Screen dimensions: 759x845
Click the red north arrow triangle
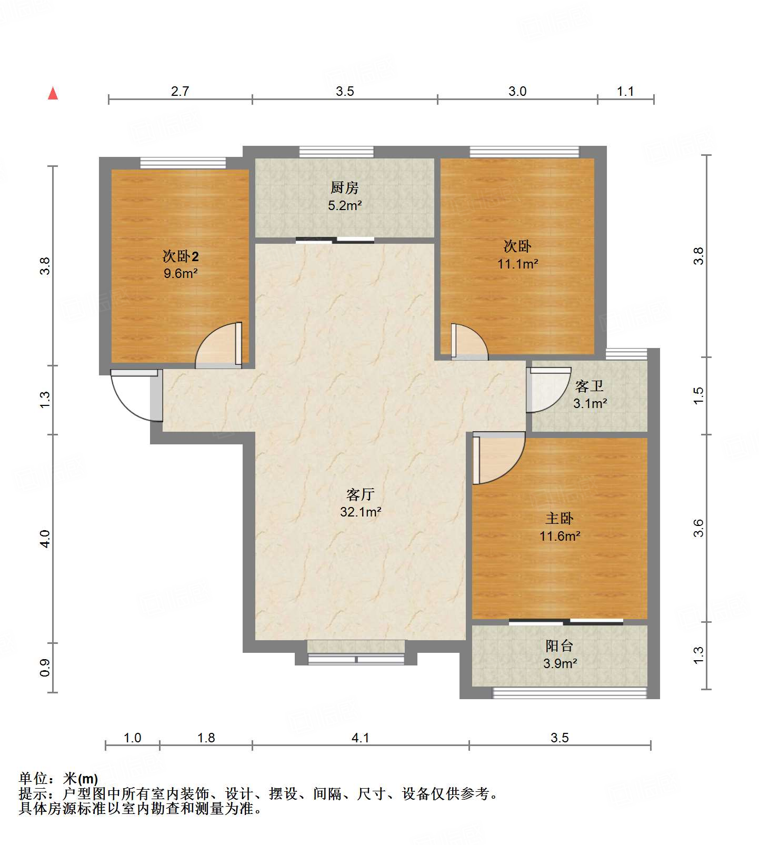(x=53, y=93)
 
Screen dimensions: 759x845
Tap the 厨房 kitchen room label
(x=345, y=187)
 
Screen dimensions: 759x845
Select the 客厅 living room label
(x=361, y=494)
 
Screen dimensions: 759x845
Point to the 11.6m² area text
(x=560, y=536)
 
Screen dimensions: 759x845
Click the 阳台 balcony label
(x=560, y=646)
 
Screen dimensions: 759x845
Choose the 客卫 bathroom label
(x=590, y=386)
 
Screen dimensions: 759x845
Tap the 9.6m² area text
(x=181, y=273)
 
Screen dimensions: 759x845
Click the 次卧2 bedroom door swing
(x=218, y=345)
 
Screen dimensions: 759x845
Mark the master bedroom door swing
(x=499, y=458)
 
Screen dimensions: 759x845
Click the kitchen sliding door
(x=335, y=241)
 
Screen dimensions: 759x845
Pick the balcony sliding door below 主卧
(x=566, y=622)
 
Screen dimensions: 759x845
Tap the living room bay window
(x=356, y=659)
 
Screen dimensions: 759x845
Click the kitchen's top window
(x=336, y=152)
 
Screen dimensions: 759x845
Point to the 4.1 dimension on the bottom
(x=361, y=738)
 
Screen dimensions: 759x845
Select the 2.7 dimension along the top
(x=180, y=92)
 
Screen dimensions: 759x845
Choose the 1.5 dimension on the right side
(x=698, y=396)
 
